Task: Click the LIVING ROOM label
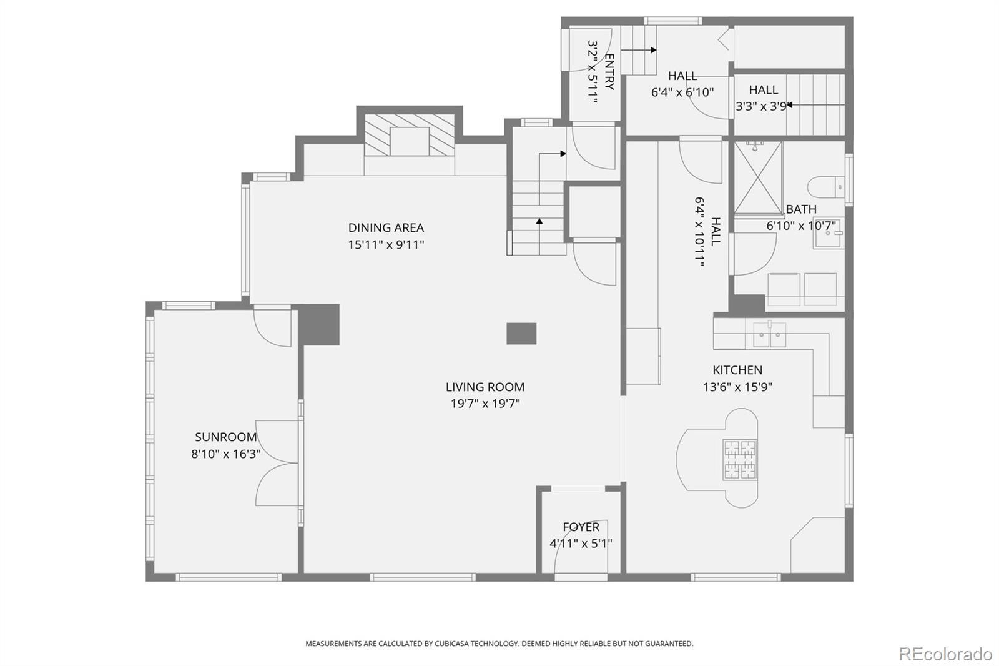point(485,387)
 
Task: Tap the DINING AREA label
point(386,227)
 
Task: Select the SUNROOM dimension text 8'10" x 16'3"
point(225,454)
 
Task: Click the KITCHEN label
point(737,370)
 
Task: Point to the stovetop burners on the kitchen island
point(741,460)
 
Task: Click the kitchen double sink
point(770,335)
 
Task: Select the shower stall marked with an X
point(758,178)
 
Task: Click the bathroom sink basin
point(828,233)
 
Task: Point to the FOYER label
point(581,527)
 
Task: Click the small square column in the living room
point(521,334)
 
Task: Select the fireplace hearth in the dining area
point(410,135)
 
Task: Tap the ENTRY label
point(609,71)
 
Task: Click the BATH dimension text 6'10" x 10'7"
point(801,226)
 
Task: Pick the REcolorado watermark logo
point(945,654)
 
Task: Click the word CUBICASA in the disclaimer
point(451,644)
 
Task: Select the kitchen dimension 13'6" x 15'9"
point(737,387)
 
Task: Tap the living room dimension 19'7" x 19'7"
point(485,404)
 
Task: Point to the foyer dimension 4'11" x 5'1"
point(581,544)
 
